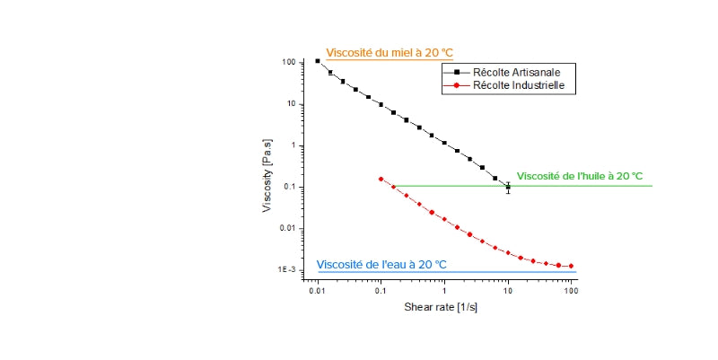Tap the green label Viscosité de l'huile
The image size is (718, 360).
point(580,176)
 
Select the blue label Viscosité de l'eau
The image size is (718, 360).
point(381,265)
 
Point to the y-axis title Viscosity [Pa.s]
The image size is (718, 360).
point(268,176)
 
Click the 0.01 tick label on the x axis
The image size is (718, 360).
point(317,292)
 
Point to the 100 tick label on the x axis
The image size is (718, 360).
point(572,292)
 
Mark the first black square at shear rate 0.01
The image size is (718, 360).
point(318,61)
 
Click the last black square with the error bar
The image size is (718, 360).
point(508,188)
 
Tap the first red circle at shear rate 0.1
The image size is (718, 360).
point(381,179)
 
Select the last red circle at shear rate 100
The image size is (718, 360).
point(572,266)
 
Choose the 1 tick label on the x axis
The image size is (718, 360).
point(444,292)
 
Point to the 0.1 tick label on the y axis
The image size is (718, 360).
point(290,187)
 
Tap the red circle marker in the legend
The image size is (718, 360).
point(457,86)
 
